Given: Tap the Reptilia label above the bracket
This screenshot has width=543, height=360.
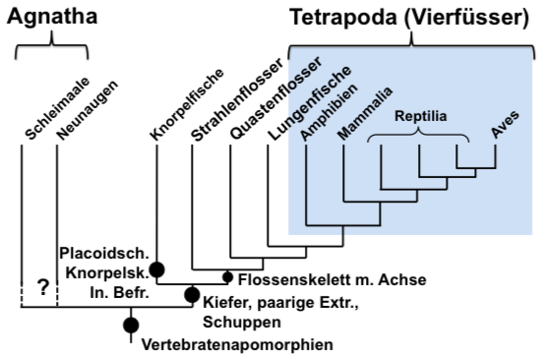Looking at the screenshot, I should point(421,116).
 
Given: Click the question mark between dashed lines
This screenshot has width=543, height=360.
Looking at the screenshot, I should point(41,288).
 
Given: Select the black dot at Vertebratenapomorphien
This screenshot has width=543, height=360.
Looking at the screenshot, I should point(130,326).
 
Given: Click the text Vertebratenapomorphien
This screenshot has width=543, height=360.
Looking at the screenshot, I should point(237,344).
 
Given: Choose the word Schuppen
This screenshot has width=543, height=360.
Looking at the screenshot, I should point(237,321).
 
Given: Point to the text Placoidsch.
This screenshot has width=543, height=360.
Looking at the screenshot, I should point(102,251).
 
